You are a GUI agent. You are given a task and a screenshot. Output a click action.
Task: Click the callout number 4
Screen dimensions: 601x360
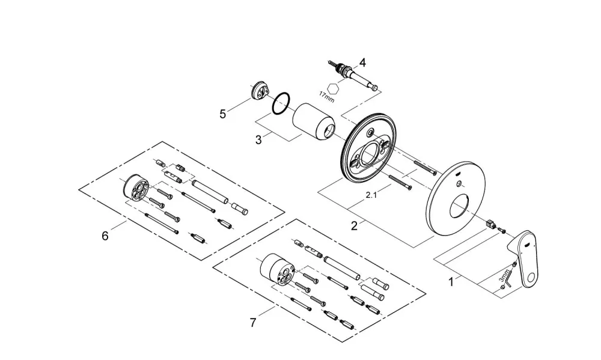(362, 62)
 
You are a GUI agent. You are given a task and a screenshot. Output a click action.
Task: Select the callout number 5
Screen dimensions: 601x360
(223, 114)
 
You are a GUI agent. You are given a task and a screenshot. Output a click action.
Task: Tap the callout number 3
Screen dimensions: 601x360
(258, 140)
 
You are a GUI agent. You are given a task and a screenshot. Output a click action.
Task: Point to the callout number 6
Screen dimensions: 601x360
(105, 236)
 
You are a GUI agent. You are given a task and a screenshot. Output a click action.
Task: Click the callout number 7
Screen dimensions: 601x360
(252, 323)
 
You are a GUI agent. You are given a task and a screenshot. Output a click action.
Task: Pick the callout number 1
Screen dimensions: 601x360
(451, 282)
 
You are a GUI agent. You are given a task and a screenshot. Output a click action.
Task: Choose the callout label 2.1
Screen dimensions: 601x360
(371, 195)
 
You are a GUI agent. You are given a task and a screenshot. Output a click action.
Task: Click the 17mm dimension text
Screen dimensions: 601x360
(327, 97)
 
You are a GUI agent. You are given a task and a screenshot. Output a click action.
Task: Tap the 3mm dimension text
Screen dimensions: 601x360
(505, 276)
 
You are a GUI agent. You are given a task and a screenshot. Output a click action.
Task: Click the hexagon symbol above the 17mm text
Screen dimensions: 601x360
(335, 87)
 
